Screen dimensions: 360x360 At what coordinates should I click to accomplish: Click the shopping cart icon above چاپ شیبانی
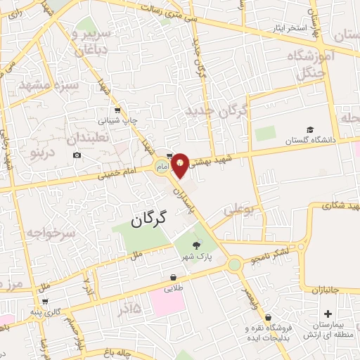coord(117,110)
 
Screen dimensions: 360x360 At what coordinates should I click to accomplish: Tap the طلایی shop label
coord(174,288)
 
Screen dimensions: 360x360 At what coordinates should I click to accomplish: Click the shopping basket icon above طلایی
coord(173,277)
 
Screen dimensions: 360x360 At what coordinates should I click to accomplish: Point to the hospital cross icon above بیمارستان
coord(328,314)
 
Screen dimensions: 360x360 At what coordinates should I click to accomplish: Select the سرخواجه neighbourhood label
coord(51,233)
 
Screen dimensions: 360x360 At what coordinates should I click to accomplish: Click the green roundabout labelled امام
coord(161,166)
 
